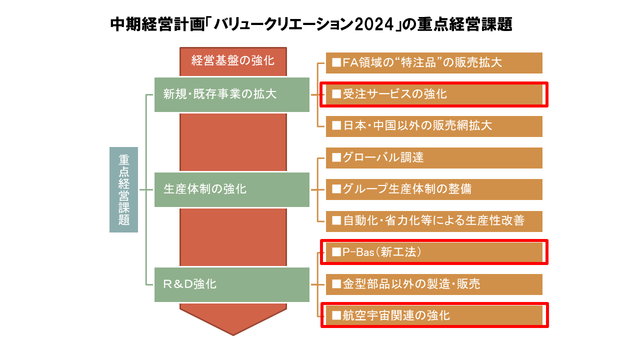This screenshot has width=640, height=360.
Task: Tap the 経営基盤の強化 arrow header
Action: (233, 61)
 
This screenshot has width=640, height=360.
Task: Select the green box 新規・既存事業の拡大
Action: (232, 94)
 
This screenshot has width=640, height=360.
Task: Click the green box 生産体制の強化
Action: (232, 189)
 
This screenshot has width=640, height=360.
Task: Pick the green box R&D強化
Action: (232, 284)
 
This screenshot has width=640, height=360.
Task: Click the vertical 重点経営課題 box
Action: (123, 189)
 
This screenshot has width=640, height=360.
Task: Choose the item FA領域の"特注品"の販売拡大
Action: (434, 63)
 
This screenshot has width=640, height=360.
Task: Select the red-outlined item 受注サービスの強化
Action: (434, 94)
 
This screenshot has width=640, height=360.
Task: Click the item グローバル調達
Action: (434, 158)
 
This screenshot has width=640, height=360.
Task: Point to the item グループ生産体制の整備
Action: (434, 189)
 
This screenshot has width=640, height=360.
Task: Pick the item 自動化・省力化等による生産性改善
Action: (434, 221)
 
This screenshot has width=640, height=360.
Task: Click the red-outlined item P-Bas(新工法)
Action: (434, 252)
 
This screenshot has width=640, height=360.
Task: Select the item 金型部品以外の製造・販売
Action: (434, 284)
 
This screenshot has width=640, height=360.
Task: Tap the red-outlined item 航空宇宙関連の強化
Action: (434, 315)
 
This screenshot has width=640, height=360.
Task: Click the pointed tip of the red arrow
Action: (233, 334)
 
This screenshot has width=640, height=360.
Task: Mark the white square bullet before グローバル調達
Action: (336, 158)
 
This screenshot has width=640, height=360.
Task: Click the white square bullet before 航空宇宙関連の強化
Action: (336, 315)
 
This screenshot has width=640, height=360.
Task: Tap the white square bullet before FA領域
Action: (336, 63)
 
